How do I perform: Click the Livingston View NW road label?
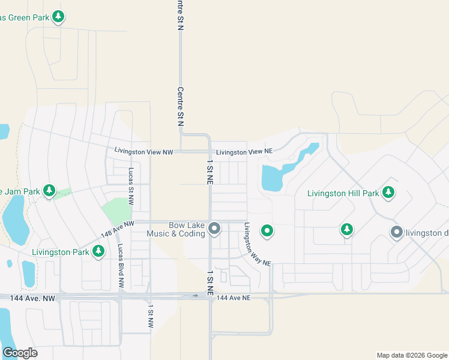[x=143, y=152]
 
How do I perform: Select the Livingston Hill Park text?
[x=343, y=193]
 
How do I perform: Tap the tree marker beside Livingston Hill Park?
[x=389, y=192]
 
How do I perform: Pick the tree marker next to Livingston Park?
[x=99, y=251]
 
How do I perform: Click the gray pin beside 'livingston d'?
[x=396, y=232]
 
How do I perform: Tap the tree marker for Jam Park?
[x=50, y=191]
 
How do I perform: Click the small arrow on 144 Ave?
[x=195, y=295]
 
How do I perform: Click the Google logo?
[x=20, y=353]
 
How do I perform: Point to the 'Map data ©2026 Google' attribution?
[x=411, y=355]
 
